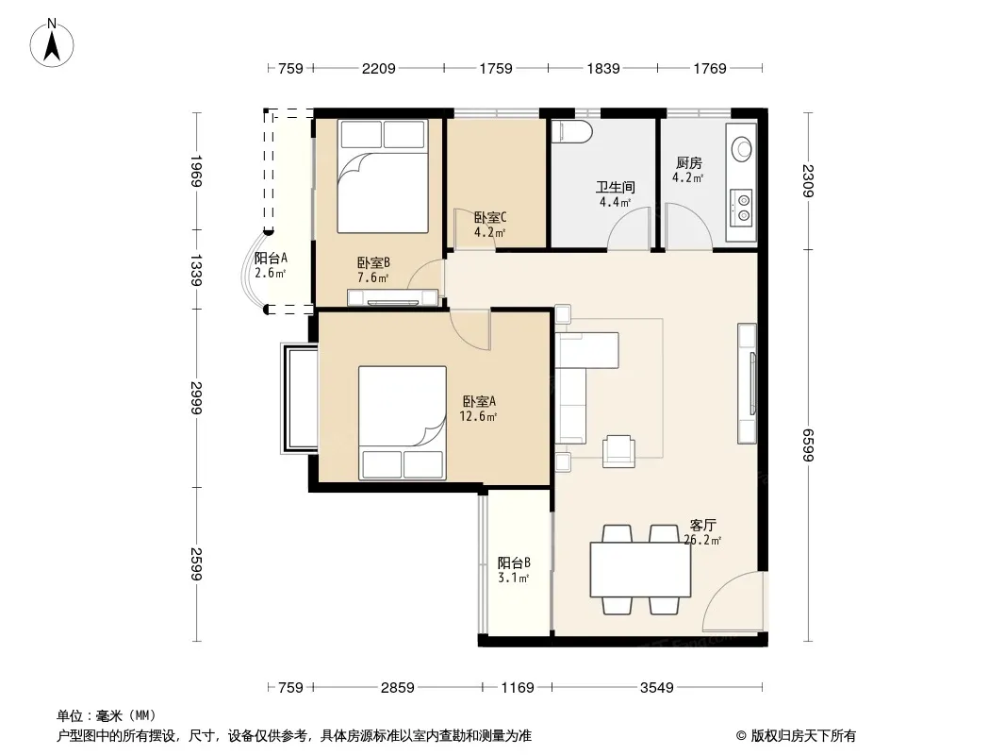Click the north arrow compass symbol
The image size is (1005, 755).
coord(52,42)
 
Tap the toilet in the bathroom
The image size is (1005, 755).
coord(571,131)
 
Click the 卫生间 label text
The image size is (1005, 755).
coord(616,187)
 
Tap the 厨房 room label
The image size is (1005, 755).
coord(688,163)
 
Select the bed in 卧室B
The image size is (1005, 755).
coord(383,176)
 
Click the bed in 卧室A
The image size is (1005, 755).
coord(402,423)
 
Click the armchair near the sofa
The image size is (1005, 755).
coord(618,451)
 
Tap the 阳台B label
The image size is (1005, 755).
coord(514,562)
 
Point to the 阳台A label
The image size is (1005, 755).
coord(271,258)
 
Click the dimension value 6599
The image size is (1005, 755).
coord(807,445)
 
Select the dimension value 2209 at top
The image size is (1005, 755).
coord(379,68)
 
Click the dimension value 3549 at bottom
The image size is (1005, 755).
coord(657,688)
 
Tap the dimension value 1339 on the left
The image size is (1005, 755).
coord(196,270)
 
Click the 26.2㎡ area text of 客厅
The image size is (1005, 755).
coord(702,540)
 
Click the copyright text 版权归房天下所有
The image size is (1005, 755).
coord(803,736)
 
